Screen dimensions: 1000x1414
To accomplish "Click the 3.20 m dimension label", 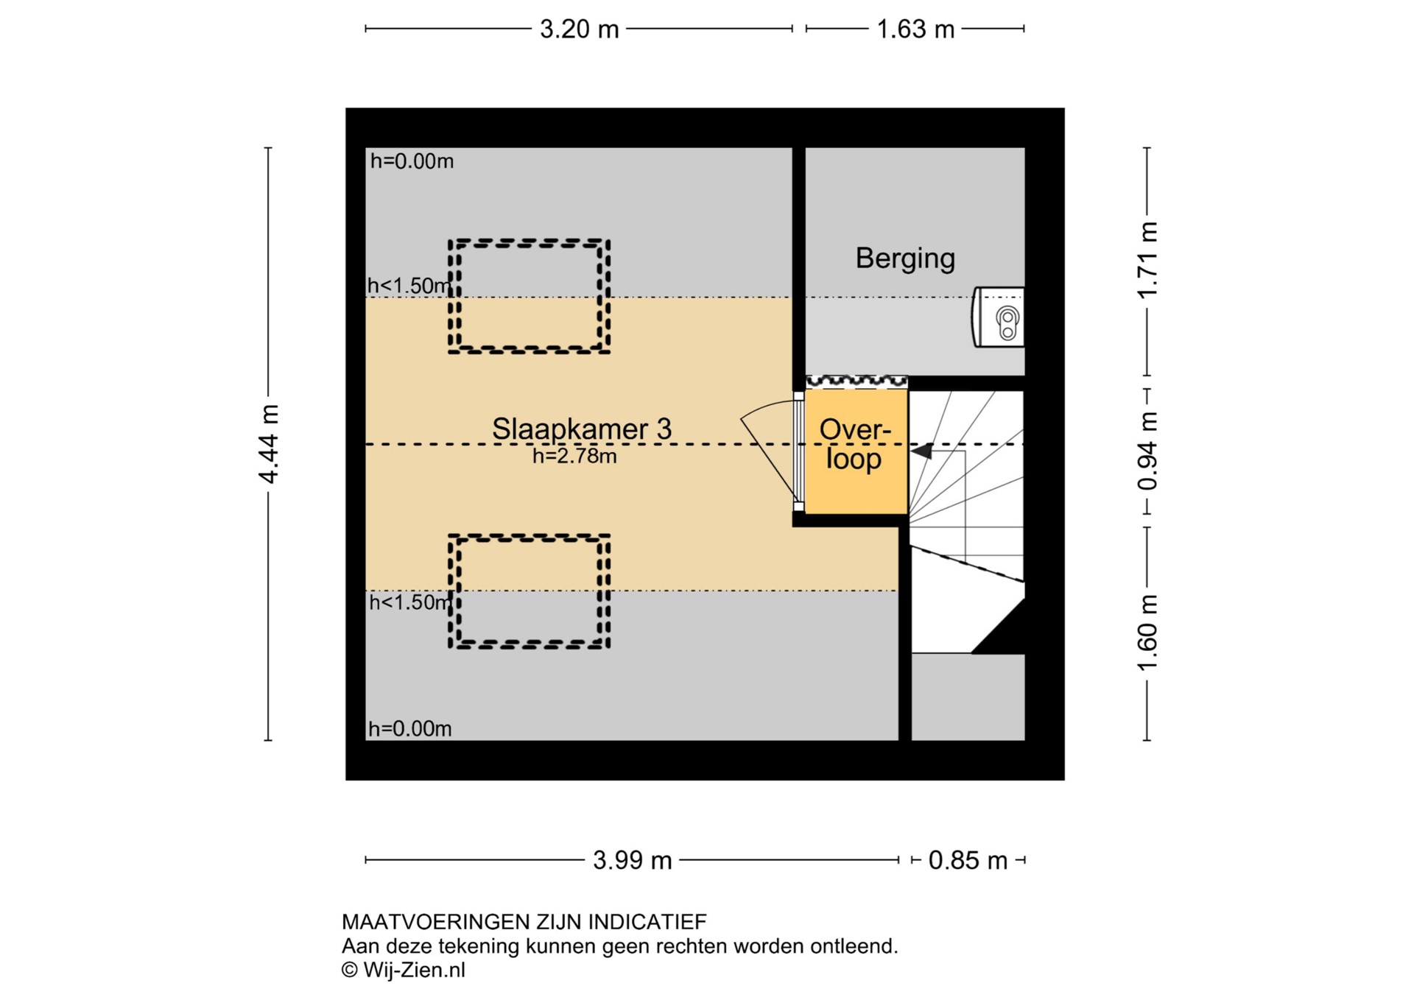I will coord(579,29).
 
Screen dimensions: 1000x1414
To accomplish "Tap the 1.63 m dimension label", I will coord(915,29).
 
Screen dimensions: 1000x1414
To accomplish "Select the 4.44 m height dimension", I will coord(270,443).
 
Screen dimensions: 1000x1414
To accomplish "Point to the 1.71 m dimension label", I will coord(1147,260).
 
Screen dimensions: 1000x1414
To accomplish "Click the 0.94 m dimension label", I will coord(1147,451).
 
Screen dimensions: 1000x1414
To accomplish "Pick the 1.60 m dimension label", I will coord(1147,633).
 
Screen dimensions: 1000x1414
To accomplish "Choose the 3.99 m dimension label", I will coord(633,860).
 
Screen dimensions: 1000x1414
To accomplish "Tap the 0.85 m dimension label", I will coord(968,860).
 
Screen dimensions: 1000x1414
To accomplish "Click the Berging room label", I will coord(905,258).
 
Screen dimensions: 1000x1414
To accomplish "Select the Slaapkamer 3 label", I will coord(582,429).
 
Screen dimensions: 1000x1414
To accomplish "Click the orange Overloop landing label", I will coord(854,444).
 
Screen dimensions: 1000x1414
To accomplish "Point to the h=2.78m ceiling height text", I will coord(574,457).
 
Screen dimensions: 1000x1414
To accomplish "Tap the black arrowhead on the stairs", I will coord(922,450).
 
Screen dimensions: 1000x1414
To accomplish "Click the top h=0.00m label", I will coord(412,161).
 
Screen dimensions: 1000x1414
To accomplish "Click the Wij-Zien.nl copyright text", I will coord(404,971).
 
